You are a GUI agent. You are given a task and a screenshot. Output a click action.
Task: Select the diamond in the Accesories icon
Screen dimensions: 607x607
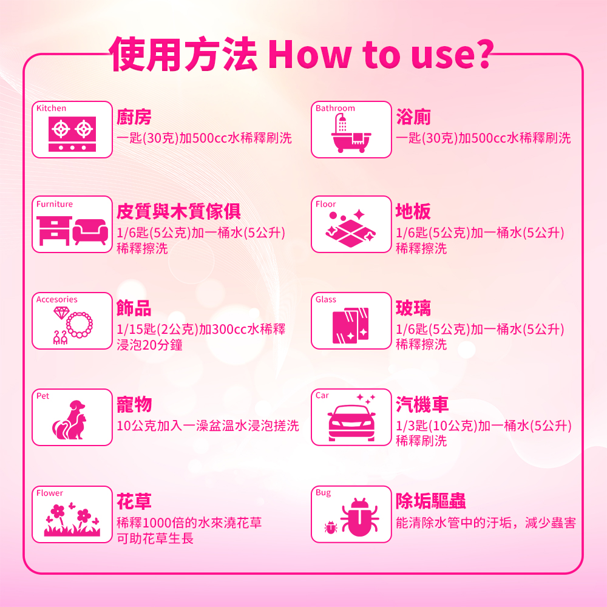point(61,313)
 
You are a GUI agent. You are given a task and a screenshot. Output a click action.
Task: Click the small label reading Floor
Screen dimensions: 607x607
point(325,204)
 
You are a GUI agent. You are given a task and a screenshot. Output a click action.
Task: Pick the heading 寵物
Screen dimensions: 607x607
point(134,404)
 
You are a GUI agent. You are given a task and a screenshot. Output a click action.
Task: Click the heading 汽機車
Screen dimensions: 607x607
point(422,404)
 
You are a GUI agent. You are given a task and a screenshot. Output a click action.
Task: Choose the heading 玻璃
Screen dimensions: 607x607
point(413,308)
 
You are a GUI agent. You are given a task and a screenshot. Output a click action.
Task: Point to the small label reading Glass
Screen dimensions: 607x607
point(325,300)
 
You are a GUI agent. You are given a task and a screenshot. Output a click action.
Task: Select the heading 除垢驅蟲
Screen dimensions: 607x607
point(430,501)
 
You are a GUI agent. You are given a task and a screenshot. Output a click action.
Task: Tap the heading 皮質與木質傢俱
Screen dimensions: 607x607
point(178,211)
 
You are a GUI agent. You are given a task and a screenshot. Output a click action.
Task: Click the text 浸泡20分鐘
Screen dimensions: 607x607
point(149,345)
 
